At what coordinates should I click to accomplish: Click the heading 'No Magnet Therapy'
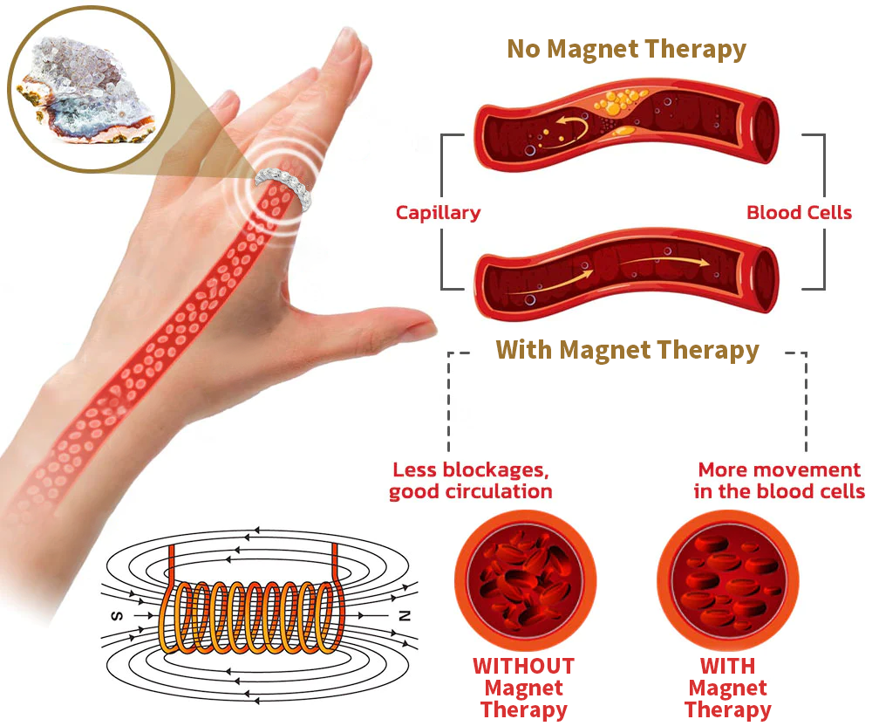tap(626, 49)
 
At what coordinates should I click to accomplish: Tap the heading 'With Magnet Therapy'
tap(627, 350)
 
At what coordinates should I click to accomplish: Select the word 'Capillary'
tap(438, 212)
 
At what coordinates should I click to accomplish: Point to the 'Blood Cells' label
tap(799, 212)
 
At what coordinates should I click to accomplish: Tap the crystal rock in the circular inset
tap(87, 87)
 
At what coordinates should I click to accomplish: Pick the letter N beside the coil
tap(403, 615)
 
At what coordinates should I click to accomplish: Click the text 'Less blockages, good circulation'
tap(470, 480)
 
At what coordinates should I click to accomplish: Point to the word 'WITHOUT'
tap(523, 666)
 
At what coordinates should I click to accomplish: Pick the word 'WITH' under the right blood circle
tap(726, 666)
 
